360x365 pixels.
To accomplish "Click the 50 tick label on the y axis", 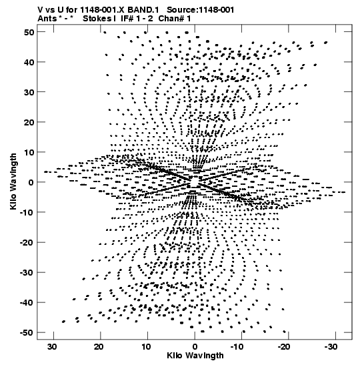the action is point(29,32).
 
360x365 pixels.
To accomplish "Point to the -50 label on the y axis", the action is point(27,333).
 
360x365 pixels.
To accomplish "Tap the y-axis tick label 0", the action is point(31,182).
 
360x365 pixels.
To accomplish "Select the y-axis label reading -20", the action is point(27,243).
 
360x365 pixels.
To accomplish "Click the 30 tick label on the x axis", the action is point(52,347).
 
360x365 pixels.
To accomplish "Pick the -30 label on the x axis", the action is point(331,347).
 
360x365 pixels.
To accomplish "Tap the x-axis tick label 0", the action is point(195,347).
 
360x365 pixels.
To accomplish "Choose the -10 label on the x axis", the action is point(237,347).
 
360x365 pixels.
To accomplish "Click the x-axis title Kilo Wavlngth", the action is point(195,356).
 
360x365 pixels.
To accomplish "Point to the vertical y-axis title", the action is point(13,181).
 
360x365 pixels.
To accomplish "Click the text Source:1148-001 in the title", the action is point(201,10).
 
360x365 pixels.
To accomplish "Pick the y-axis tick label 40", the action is point(29,62).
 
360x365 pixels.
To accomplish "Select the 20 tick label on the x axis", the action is point(99,347).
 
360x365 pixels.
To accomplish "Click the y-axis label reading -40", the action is point(27,303).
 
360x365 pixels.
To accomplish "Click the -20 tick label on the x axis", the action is point(284,347).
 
